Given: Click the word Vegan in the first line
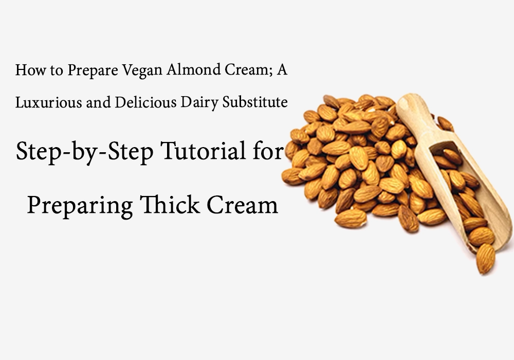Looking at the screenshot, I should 142,70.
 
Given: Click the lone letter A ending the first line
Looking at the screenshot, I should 282,70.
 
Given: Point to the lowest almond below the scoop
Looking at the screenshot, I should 485,259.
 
